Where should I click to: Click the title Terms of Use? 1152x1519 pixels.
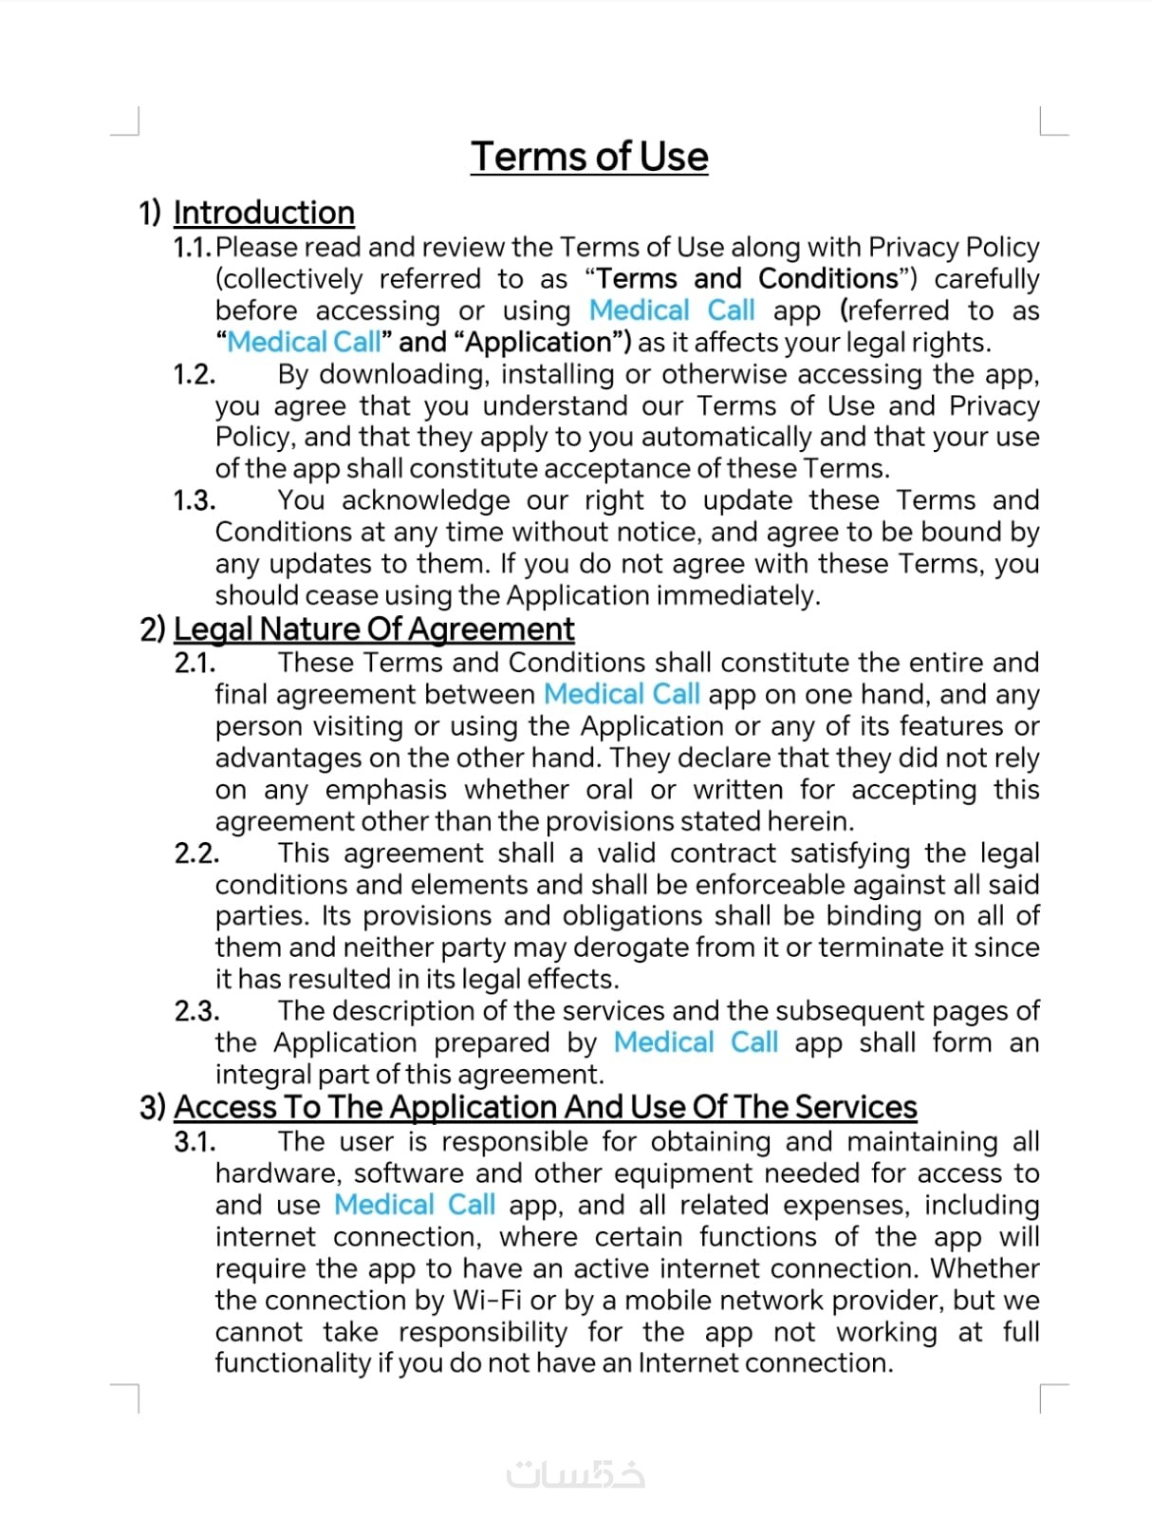[x=589, y=157]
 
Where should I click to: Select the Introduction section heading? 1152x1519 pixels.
[x=264, y=213]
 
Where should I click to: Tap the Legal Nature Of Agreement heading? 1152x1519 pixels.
[x=374, y=628]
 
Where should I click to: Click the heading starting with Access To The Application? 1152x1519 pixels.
[x=546, y=1107]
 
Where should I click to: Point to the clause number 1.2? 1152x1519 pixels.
[x=194, y=375]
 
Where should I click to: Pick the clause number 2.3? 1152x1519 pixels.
[x=196, y=1011]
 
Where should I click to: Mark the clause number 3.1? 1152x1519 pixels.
[x=195, y=1142]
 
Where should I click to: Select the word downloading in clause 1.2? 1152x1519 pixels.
[x=403, y=374]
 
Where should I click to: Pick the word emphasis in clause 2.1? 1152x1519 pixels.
[x=385, y=790]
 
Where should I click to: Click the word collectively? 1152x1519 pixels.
[x=288, y=279]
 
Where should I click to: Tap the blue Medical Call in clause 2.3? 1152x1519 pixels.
[x=696, y=1042]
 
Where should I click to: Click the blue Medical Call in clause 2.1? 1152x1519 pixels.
[x=622, y=694]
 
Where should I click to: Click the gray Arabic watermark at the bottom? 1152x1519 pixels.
[x=576, y=1474]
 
